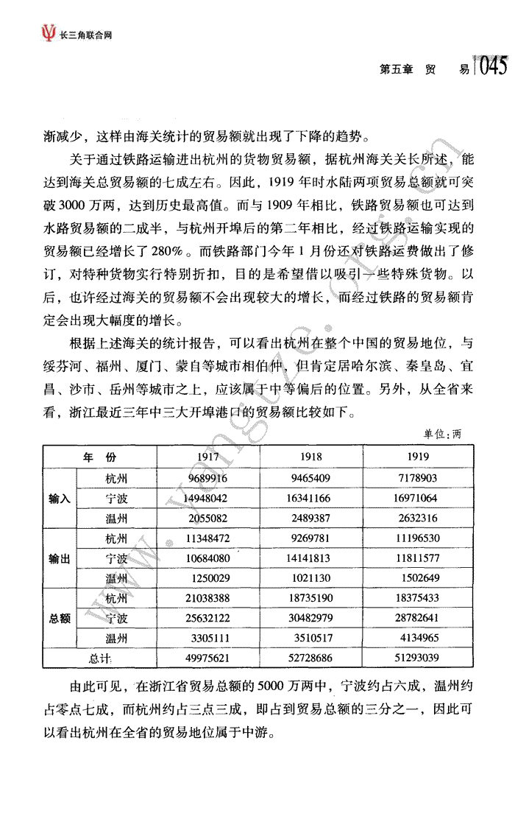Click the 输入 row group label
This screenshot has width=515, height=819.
point(60,499)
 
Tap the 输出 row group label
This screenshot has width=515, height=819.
point(60,559)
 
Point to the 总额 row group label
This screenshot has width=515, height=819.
point(60,619)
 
